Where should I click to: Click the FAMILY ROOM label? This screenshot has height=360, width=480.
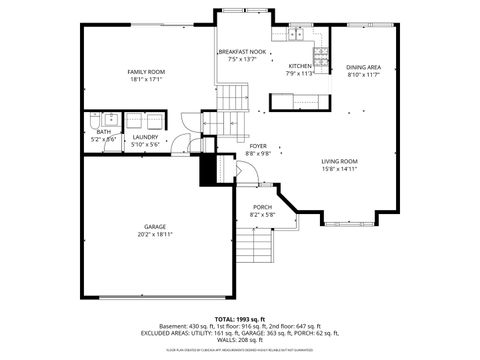(x=145, y=72)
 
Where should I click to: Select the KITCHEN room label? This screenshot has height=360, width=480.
(x=300, y=66)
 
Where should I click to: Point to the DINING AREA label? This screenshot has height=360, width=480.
(x=361, y=67)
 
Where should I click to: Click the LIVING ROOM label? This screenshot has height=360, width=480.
(x=339, y=161)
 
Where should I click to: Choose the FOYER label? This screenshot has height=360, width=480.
(x=259, y=146)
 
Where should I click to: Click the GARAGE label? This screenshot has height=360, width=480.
(x=154, y=228)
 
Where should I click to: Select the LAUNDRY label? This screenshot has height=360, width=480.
(x=145, y=138)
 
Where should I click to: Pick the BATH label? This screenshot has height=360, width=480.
(x=104, y=131)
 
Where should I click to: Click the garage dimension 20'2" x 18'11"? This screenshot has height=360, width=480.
(x=154, y=235)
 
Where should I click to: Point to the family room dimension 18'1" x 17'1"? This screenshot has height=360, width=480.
(x=145, y=79)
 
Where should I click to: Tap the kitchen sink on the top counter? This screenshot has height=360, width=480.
(x=297, y=35)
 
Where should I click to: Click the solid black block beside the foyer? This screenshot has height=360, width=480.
(x=209, y=171)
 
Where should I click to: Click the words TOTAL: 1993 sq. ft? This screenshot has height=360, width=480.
(x=240, y=317)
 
